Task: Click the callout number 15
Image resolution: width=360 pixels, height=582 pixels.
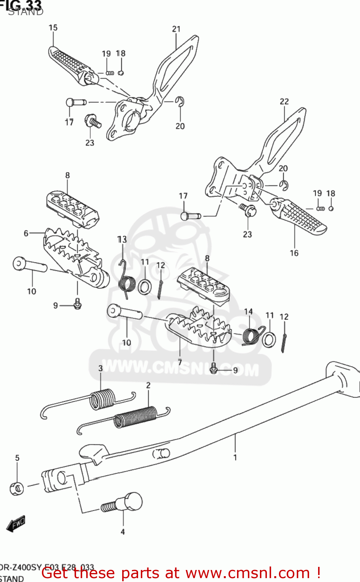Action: (53, 28)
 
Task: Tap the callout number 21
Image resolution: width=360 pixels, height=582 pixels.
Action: (177, 29)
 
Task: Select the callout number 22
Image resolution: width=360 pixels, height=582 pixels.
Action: (284, 101)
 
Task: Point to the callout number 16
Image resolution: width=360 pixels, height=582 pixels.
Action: (294, 253)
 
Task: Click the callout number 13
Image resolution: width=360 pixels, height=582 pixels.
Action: (122, 239)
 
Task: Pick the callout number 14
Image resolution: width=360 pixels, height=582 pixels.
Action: (248, 311)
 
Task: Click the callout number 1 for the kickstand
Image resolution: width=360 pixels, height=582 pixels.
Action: (235, 457)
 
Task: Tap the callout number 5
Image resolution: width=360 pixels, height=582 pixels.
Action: (17, 458)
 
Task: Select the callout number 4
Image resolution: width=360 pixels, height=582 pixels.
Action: (123, 532)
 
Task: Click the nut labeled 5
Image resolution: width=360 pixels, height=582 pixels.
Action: (17, 488)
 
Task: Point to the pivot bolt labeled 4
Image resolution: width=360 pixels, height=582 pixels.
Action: (124, 503)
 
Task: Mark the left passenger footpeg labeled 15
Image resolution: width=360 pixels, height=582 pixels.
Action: (70, 64)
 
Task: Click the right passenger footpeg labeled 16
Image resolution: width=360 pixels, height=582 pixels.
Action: (303, 217)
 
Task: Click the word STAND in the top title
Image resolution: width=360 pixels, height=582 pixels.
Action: (26, 12)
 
